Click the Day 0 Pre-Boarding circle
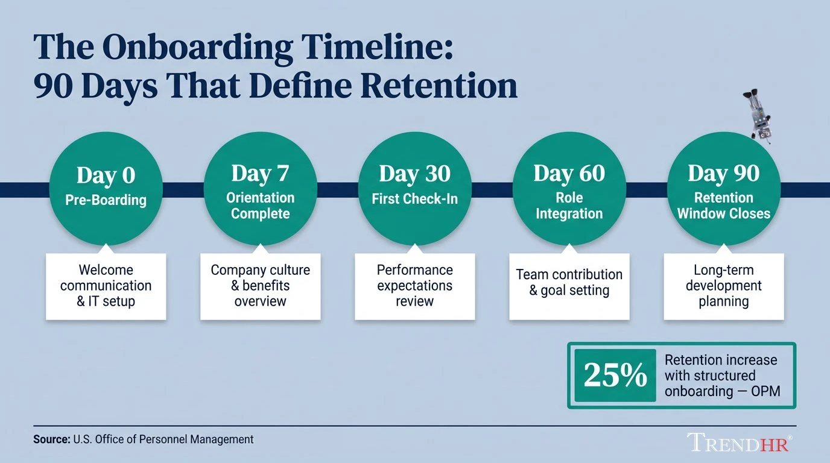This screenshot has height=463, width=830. coord(106,189)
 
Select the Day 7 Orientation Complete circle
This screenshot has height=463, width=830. coord(261,189)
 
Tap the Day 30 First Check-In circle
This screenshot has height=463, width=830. coord(415,189)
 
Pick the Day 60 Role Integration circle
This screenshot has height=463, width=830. coord(569,189)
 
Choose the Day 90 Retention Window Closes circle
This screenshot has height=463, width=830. coord(723,189)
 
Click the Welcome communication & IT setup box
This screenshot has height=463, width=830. coord(106,286)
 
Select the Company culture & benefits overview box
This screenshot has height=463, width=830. coord(261,286)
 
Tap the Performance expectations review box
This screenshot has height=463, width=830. coord(415,286)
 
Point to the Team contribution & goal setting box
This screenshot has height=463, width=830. coord(569,286)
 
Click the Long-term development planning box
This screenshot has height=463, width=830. coord(723,286)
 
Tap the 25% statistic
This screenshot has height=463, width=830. coord(615,376)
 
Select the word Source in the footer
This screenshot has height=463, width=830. coord(51,439)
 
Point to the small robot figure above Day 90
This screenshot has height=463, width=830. coord(757,116)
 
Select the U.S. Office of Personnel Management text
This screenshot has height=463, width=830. coord(163,439)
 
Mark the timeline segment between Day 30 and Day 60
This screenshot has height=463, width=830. coord(492,189)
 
